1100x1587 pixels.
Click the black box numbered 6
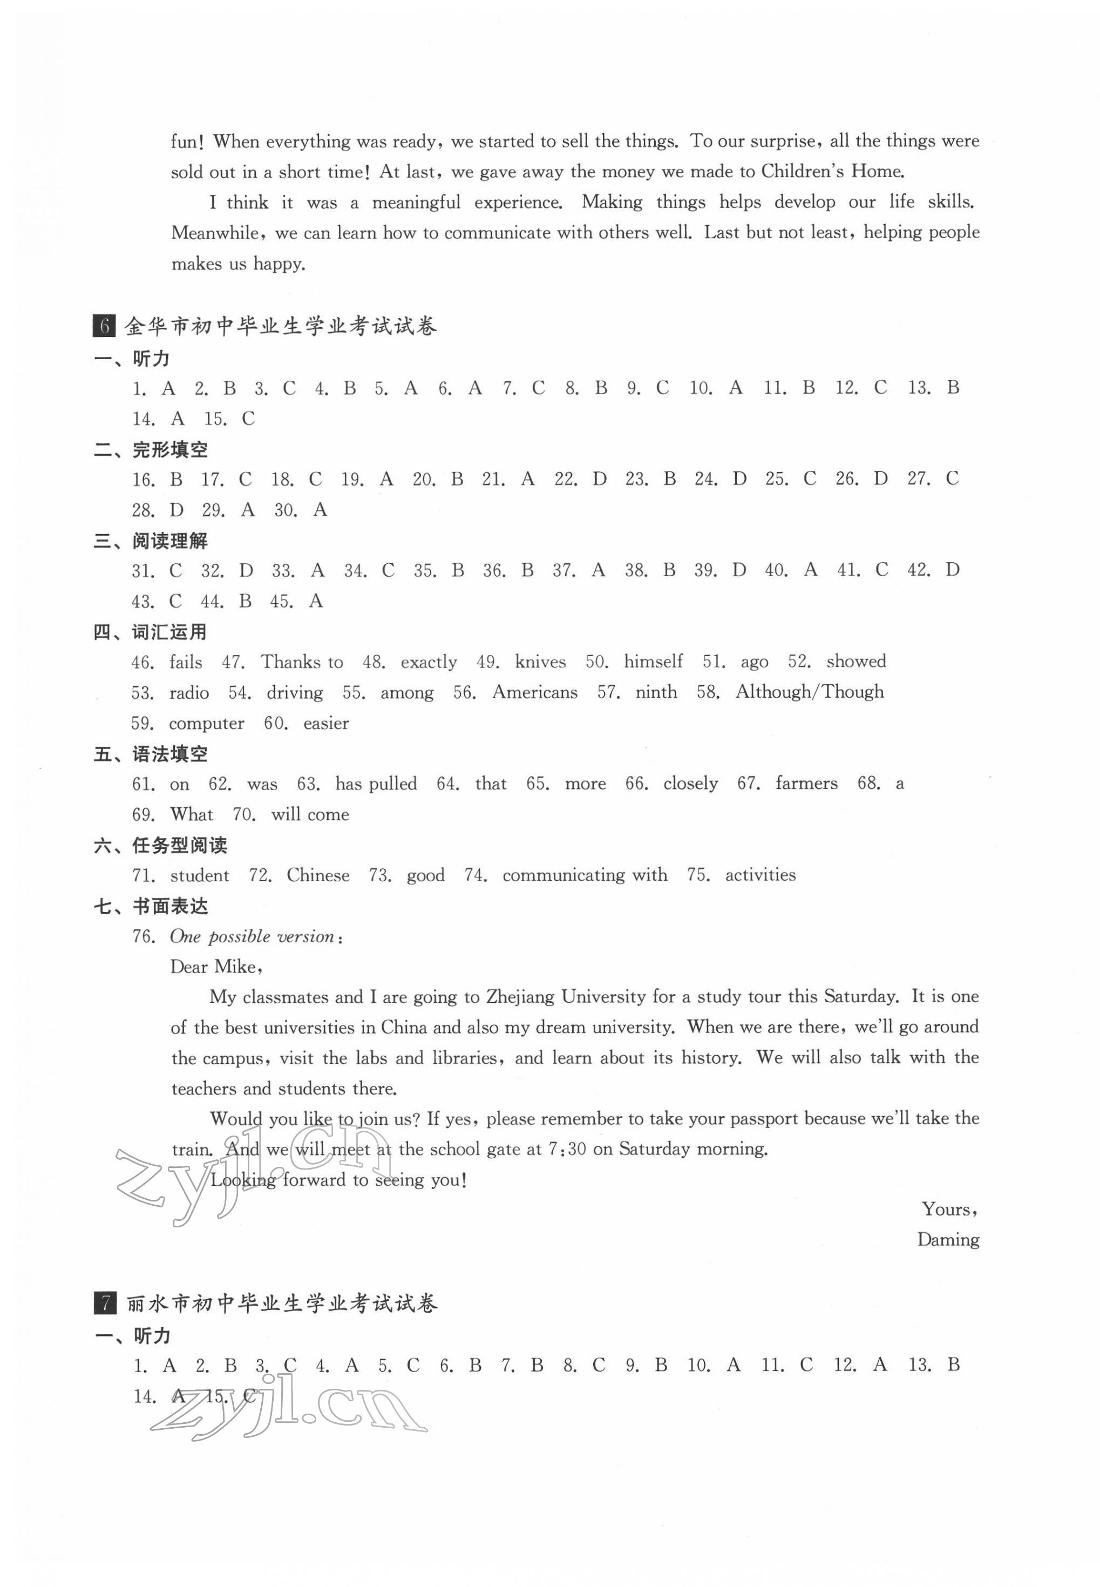coord(104,326)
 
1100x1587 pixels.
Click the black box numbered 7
coord(104,1304)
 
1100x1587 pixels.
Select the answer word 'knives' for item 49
coord(540,662)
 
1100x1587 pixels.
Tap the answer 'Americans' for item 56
coord(534,692)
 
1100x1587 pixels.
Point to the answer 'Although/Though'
coord(809,692)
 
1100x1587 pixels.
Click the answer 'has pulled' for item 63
coord(376,784)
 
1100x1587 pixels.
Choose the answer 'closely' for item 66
coord(690,784)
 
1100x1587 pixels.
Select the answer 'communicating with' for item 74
coord(585,875)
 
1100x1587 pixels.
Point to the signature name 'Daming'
coord(948,1240)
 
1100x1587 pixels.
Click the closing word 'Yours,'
coord(949,1209)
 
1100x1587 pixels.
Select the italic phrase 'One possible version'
coord(252,936)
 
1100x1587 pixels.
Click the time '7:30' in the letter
coord(567,1149)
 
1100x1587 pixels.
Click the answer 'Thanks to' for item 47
coord(301,662)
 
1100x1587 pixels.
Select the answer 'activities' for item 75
coord(759,875)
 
